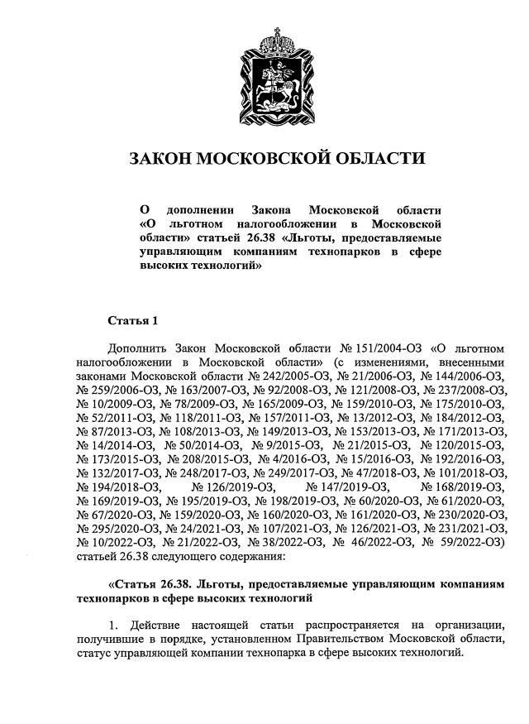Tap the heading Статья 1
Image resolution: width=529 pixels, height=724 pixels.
(x=131, y=319)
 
